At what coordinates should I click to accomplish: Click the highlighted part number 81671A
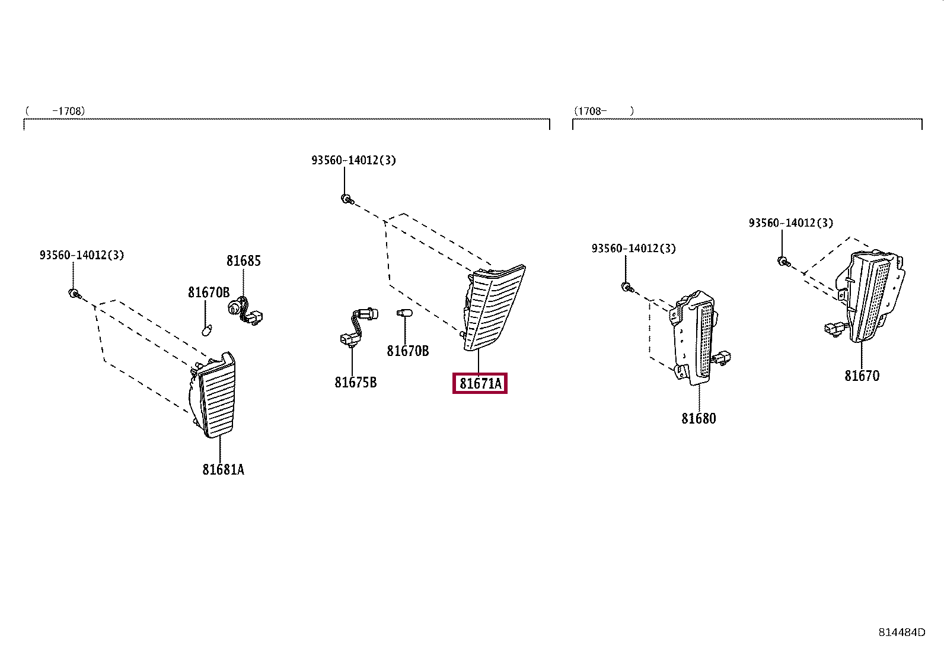[x=480, y=384]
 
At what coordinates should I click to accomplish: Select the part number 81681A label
[x=223, y=469]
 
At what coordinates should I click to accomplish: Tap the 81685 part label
[x=243, y=260]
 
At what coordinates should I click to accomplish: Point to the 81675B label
[x=355, y=382]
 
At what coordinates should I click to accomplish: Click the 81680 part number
[x=699, y=418]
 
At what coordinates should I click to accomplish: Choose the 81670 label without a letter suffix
[x=862, y=376]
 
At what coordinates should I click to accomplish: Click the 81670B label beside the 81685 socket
[x=209, y=292]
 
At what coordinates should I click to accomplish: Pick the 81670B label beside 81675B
[x=407, y=351]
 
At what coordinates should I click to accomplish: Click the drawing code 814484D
[x=901, y=632]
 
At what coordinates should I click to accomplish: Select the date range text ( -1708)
[x=55, y=111]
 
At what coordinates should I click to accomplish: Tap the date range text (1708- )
[x=604, y=111]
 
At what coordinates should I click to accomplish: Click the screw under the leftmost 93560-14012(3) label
[x=74, y=293]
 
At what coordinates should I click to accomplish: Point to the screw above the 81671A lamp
[x=346, y=199]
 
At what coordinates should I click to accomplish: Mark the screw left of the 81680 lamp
[x=626, y=287]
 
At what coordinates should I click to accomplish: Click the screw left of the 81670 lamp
[x=783, y=261]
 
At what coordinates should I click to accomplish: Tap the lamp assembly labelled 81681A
[x=215, y=395]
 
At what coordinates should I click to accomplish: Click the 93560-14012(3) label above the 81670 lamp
[x=790, y=223]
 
